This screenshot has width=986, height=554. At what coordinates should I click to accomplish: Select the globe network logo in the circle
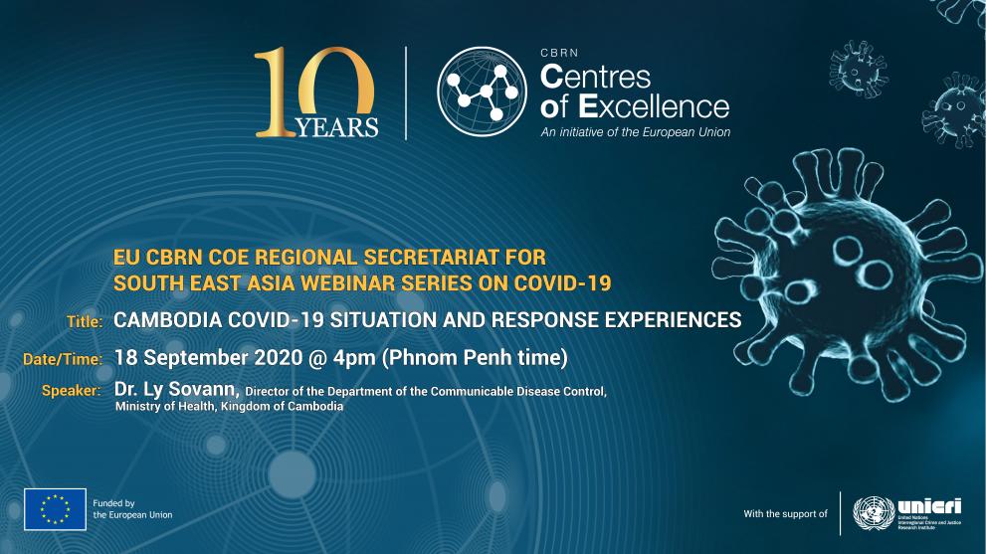(x=482, y=91)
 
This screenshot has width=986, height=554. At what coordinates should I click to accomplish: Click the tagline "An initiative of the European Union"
(x=635, y=132)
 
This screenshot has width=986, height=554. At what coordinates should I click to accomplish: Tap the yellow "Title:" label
(x=85, y=321)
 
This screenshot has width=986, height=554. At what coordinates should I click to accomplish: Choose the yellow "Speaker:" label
(x=71, y=391)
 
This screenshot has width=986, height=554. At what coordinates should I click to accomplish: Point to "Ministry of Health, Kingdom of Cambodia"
(x=229, y=407)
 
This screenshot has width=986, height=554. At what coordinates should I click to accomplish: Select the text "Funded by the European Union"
(x=132, y=509)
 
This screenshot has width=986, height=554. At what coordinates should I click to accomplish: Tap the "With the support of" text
(x=785, y=514)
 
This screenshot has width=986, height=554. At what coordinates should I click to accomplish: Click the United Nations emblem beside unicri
(x=871, y=511)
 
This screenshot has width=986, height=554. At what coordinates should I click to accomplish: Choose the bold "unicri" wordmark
(x=928, y=503)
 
